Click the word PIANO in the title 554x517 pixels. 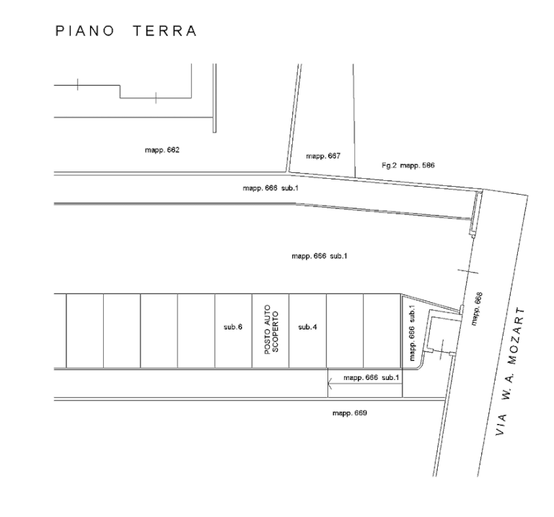click(x=85, y=31)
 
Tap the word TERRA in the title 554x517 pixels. click(x=164, y=31)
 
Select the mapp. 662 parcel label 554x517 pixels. click(x=162, y=151)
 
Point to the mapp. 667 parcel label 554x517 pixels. click(x=323, y=156)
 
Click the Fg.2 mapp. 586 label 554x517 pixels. click(x=408, y=165)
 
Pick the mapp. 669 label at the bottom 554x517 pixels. click(x=350, y=413)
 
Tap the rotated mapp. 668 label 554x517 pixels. click(x=476, y=309)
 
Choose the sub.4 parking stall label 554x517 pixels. click(x=308, y=327)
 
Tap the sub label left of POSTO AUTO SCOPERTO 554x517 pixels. click(x=233, y=327)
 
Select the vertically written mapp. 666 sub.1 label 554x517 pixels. click(x=412, y=332)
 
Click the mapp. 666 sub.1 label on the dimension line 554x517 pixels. click(x=371, y=378)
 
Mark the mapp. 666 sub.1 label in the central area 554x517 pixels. click(x=320, y=256)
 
